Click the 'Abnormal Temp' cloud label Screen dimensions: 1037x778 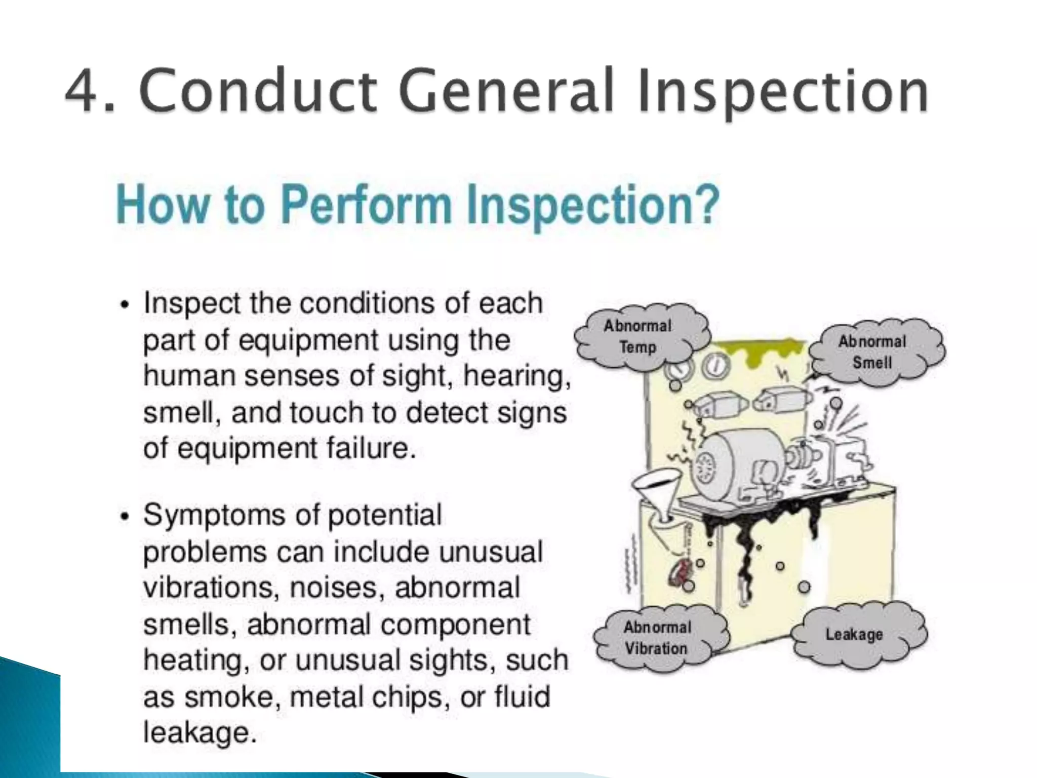[x=638, y=337]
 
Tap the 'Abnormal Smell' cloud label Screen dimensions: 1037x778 [x=872, y=352]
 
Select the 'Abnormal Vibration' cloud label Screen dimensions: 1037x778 [x=657, y=638]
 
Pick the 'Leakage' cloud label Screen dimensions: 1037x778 [x=854, y=634]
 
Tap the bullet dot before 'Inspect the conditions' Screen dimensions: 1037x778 [x=125, y=306]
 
